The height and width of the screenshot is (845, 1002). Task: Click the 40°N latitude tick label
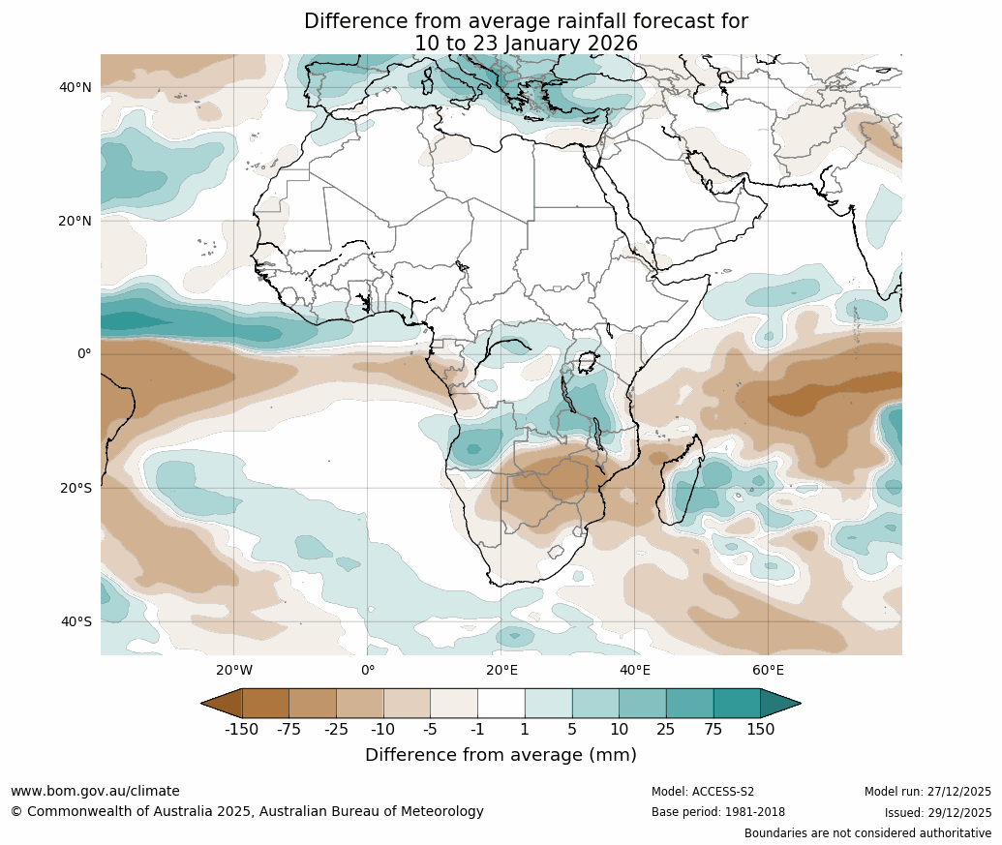(75, 87)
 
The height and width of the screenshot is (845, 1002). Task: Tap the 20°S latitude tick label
(75, 488)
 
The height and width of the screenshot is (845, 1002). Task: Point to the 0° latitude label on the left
(84, 354)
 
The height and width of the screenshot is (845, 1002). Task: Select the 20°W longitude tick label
(233, 670)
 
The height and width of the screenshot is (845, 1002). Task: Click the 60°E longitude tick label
(768, 670)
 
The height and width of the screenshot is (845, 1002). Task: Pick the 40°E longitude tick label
(634, 670)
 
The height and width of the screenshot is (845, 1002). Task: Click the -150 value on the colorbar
(241, 730)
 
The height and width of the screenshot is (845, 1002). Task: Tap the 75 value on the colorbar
(714, 730)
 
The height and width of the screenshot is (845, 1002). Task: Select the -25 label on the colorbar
(336, 730)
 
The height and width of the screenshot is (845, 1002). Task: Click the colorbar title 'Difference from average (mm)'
(501, 755)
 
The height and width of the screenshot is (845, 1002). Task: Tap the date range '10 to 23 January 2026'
(526, 44)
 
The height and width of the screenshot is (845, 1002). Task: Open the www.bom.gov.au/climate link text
(95, 791)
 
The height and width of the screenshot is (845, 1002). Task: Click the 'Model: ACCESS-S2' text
(703, 792)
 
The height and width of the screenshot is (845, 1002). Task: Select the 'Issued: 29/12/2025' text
(937, 812)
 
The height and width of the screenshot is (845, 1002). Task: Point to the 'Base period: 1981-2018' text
(717, 812)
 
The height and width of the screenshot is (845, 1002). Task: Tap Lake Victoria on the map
(586, 363)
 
